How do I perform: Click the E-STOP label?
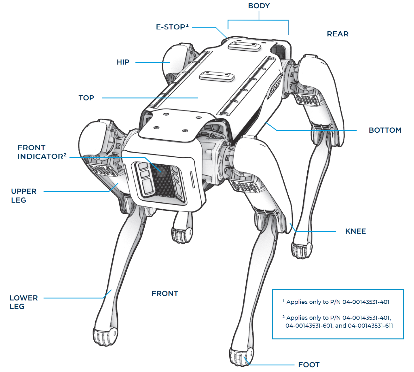pos(172,27)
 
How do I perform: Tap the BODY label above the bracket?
pos(259,6)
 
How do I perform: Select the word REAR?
pos(337,34)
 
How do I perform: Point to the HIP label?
pos(123,62)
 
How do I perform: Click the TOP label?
pos(86,98)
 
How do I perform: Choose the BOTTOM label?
pos(385,130)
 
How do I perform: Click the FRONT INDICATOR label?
pos(42,152)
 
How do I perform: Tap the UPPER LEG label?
pos(23,196)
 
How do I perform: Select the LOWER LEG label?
pos(23,302)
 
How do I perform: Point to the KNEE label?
pos(355,231)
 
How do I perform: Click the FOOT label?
pos(309,365)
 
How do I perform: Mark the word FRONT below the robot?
pos(165,294)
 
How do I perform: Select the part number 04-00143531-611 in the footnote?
pos(370,326)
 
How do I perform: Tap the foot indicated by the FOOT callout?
pos(241,356)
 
